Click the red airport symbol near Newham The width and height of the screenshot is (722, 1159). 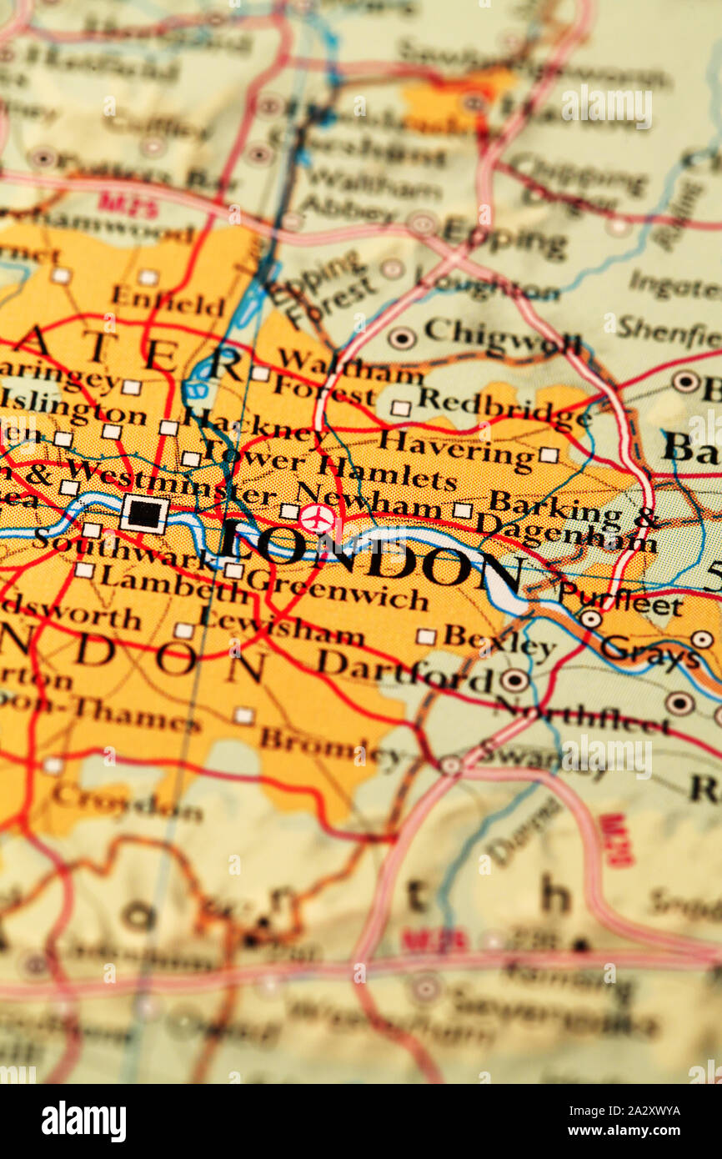click(318, 519)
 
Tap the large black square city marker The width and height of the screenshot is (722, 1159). click(144, 513)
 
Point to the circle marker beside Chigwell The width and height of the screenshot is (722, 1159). click(402, 338)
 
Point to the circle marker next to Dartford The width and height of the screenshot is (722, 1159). click(514, 680)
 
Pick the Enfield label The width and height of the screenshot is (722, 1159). click(168, 301)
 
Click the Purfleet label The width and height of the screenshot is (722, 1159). click(619, 600)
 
